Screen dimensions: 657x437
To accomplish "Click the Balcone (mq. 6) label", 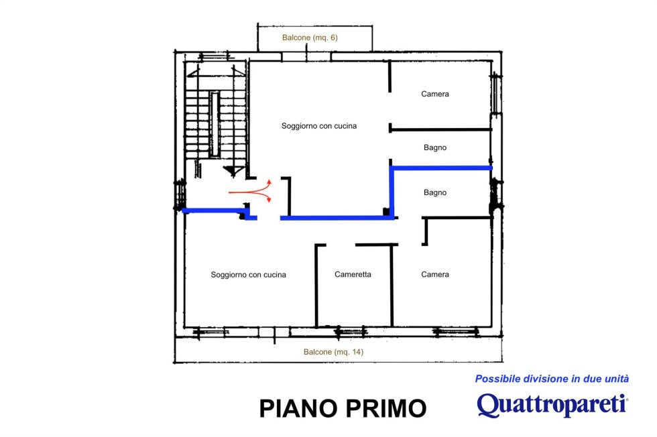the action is (310, 38).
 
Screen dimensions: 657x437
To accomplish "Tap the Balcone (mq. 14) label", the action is (334, 352).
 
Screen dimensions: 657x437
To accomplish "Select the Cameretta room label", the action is (353, 274).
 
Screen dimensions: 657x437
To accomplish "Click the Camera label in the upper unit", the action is (435, 94).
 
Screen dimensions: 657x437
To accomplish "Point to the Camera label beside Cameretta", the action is (435, 274).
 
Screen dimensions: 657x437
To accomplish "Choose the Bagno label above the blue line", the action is (435, 147).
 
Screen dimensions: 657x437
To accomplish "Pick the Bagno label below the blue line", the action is (435, 193).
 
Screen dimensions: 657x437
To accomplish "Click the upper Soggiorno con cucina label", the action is (319, 126).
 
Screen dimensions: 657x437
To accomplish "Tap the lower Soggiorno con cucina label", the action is (249, 275).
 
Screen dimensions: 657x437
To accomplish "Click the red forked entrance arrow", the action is (251, 192).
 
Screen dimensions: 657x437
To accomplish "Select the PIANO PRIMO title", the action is (343, 408).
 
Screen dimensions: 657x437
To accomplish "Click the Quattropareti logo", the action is (552, 405).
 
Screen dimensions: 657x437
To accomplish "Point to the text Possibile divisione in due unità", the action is (552, 379).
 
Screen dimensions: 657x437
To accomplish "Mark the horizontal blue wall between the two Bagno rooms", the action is (441, 168).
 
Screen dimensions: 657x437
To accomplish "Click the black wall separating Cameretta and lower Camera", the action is (392, 286).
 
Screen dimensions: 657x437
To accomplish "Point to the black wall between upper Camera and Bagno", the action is (440, 130).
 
